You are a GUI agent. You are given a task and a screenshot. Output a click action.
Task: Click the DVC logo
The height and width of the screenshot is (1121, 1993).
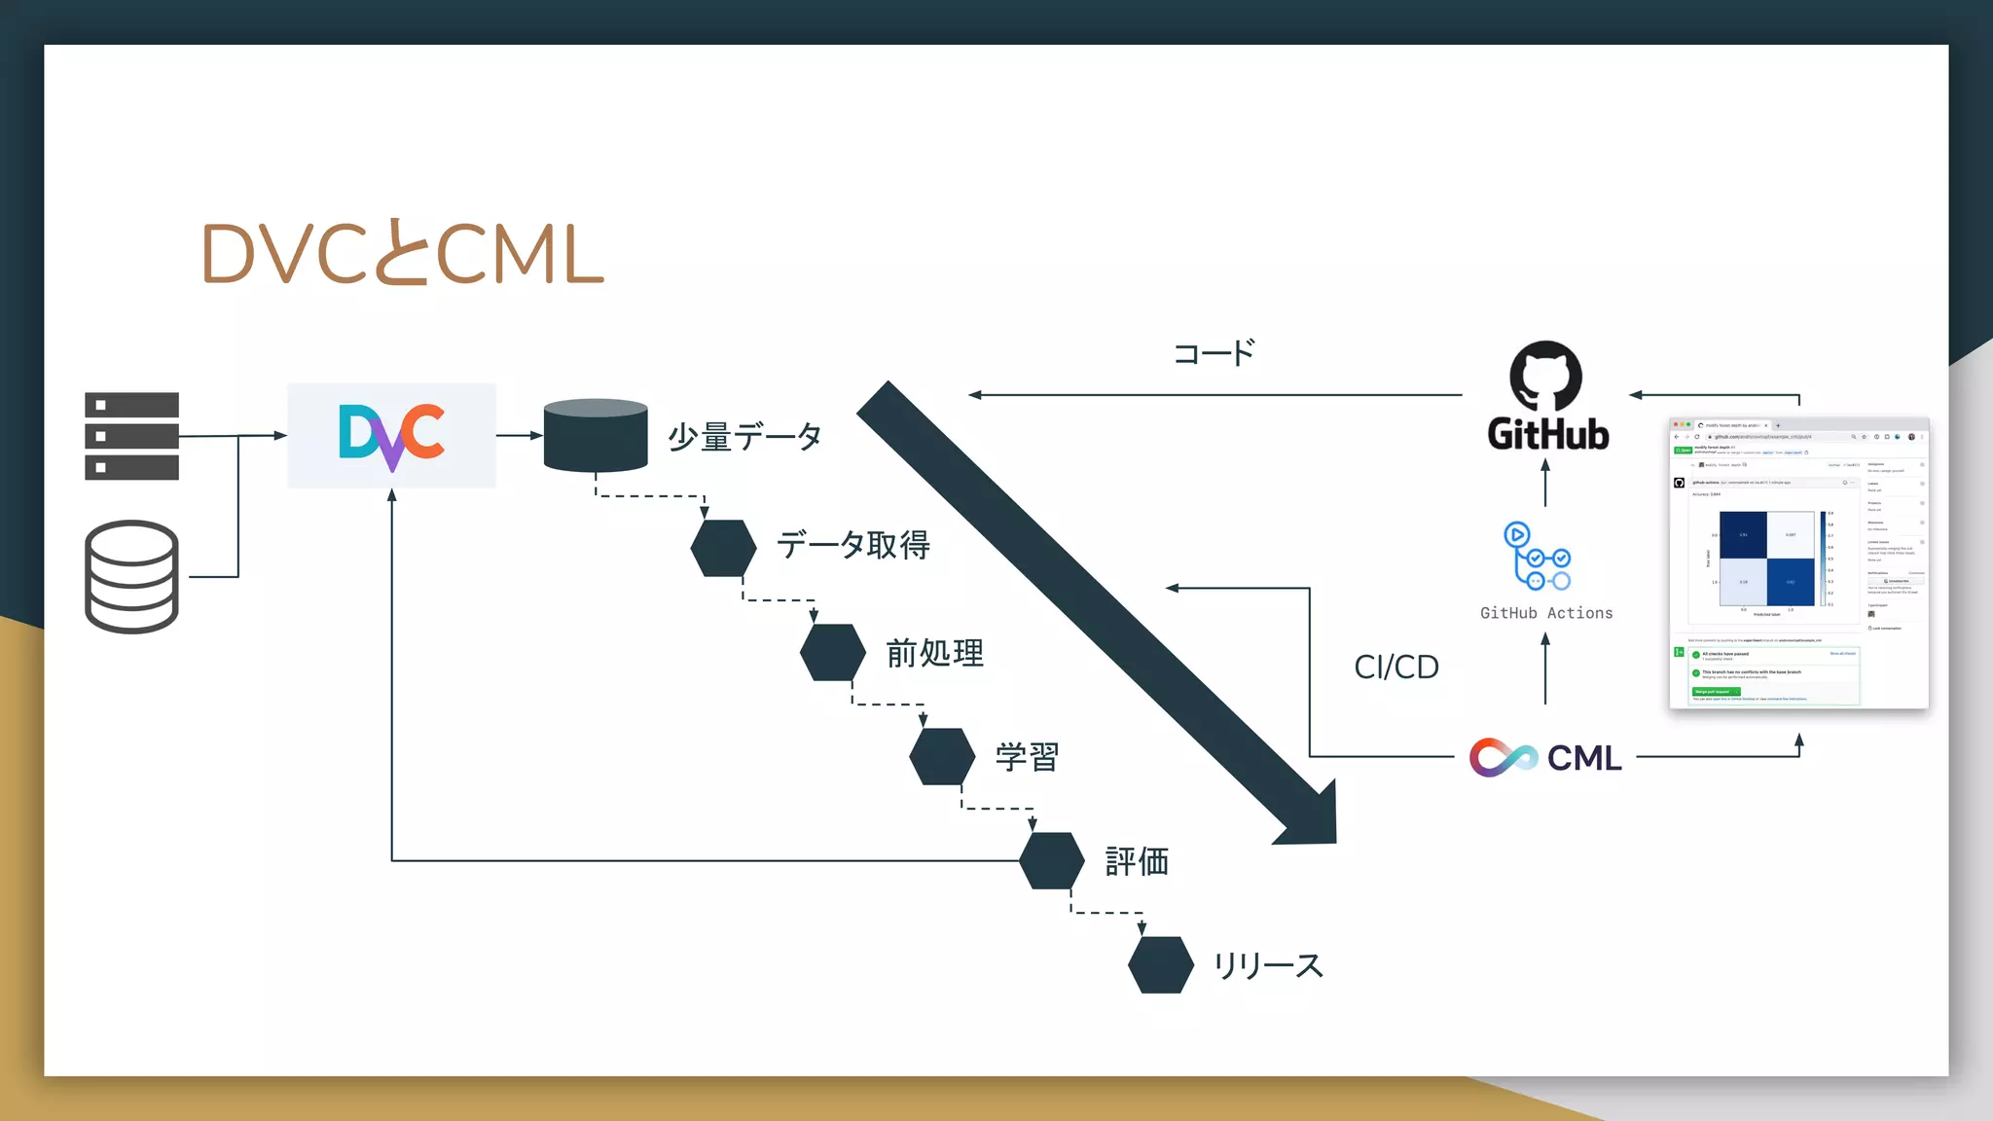click(391, 436)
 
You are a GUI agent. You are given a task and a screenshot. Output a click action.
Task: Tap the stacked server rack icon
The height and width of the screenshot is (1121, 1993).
click(131, 436)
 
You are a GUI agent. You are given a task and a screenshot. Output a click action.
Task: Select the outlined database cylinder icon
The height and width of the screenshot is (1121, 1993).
click(131, 576)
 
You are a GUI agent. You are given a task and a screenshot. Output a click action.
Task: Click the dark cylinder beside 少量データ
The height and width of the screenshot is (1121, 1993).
click(596, 435)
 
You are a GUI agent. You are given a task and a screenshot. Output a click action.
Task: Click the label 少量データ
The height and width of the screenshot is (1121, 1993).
click(744, 437)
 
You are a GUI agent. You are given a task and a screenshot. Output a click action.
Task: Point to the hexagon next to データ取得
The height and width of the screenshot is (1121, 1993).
click(723, 548)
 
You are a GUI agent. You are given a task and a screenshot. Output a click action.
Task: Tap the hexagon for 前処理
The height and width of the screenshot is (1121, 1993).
click(833, 652)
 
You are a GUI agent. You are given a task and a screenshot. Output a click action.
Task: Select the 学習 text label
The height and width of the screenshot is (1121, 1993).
click(1027, 757)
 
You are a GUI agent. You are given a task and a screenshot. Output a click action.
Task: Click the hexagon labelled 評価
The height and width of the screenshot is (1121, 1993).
click(1052, 860)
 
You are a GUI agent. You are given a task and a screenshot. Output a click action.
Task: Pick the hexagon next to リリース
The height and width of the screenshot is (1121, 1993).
click(1161, 964)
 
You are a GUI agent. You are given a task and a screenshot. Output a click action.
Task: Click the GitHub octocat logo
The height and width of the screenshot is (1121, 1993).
click(1545, 377)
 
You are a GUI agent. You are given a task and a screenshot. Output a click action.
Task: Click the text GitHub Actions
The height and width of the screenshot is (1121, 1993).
click(1546, 613)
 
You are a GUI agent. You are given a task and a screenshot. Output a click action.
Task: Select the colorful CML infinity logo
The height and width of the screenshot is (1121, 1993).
click(1503, 757)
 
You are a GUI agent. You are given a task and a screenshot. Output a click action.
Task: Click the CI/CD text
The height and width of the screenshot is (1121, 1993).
click(1395, 667)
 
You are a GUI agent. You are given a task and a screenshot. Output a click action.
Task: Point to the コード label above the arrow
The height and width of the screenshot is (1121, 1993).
click(1214, 353)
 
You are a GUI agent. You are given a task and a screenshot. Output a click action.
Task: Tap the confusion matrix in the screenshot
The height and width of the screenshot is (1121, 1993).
click(1766, 559)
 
